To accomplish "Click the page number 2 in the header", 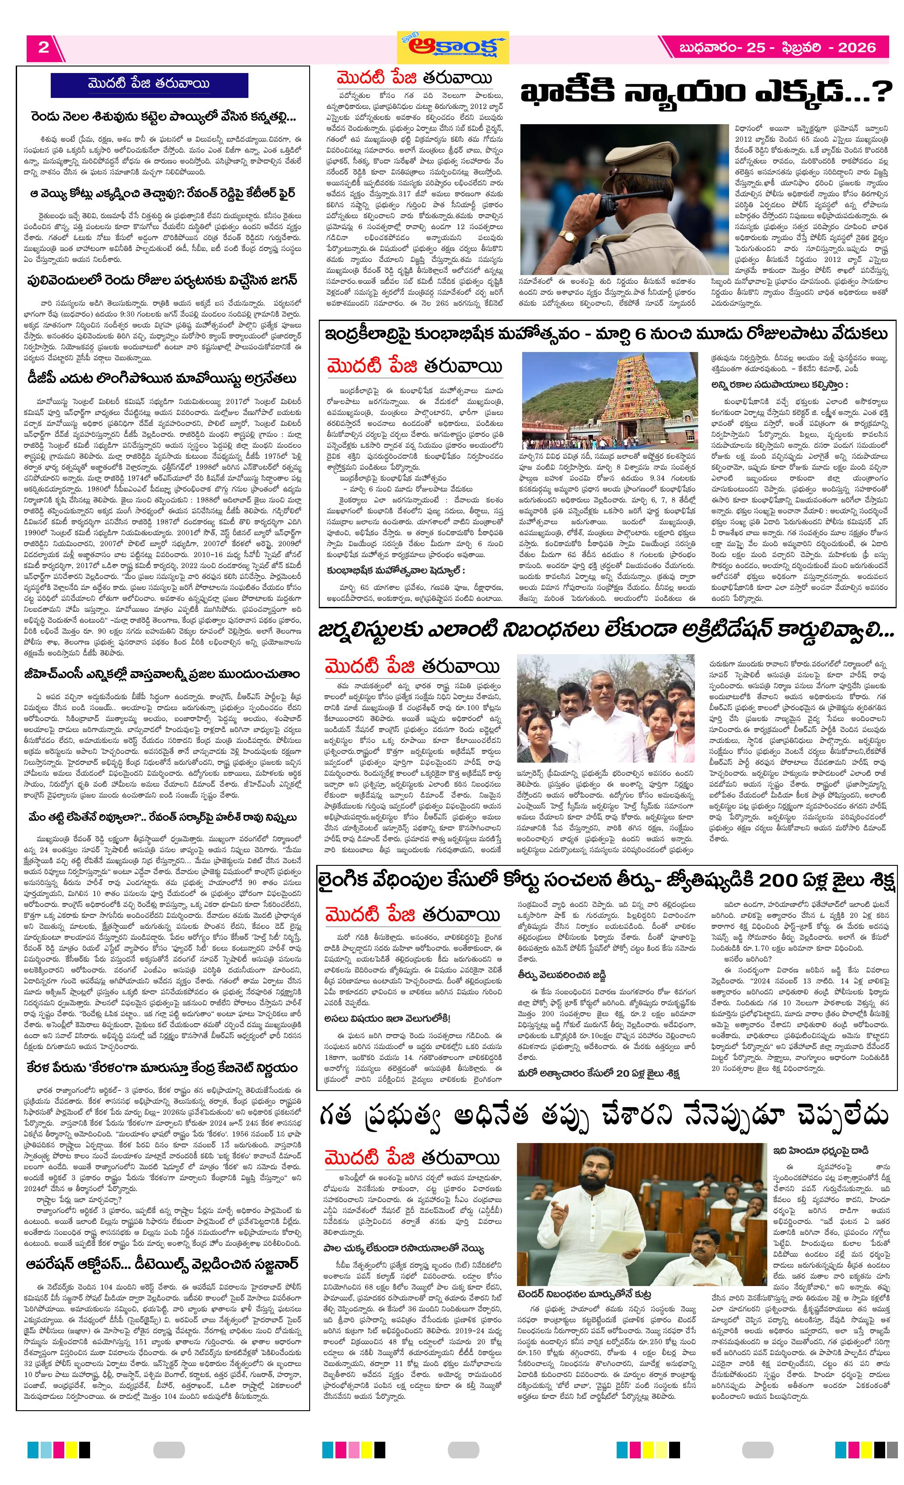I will pyautogui.click(x=43, y=48).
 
